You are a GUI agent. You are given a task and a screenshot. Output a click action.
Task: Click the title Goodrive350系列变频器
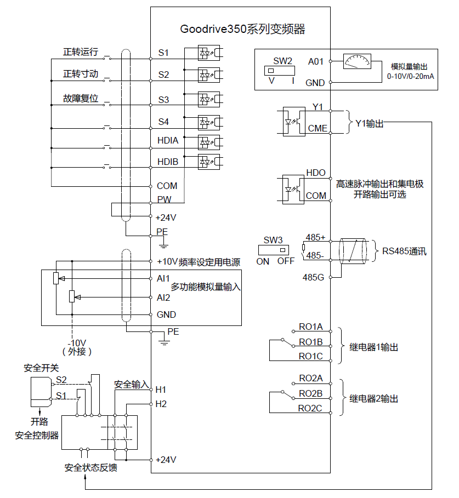pyautogui.click(x=242, y=29)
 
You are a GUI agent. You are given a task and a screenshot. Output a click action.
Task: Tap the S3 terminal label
pyautogui.click(x=164, y=100)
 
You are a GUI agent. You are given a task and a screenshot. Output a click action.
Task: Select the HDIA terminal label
pyautogui.click(x=168, y=140)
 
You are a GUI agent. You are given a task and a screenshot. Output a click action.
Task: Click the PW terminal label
pyautogui.click(x=164, y=199)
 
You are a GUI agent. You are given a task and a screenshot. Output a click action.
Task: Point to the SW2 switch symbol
pyautogui.click(x=280, y=71)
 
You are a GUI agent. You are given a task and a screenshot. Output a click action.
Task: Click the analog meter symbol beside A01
pyautogui.click(x=358, y=61)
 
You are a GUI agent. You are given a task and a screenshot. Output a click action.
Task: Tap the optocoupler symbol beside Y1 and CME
pyautogui.click(x=294, y=121)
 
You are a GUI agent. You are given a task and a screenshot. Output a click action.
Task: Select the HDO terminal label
pyautogui.click(x=316, y=173)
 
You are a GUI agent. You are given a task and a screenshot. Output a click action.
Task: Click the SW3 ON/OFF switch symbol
pyautogui.click(x=273, y=250)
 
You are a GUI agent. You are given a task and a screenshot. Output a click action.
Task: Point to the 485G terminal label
pyautogui.click(x=313, y=277)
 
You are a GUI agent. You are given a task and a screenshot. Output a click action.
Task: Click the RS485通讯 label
pyautogui.click(x=404, y=251)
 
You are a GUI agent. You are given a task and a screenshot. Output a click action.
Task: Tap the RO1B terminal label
pyautogui.click(x=310, y=342)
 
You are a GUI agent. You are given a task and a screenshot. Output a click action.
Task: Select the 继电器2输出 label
pyautogui.click(x=373, y=399)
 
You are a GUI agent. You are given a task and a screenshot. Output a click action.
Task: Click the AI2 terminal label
pyautogui.click(x=163, y=297)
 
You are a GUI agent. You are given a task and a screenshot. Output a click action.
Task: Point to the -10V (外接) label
pyautogui.click(x=77, y=347)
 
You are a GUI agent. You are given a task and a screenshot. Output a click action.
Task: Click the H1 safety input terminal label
pyautogui.click(x=161, y=390)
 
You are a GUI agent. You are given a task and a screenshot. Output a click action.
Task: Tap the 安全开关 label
pyautogui.click(x=41, y=368)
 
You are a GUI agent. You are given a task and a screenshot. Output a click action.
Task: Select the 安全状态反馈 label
pyautogui.click(x=91, y=467)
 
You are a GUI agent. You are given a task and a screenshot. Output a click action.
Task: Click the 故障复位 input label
pyautogui.click(x=81, y=99)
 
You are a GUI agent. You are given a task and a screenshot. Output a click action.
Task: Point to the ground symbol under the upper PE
pyautogui.click(x=163, y=244)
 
